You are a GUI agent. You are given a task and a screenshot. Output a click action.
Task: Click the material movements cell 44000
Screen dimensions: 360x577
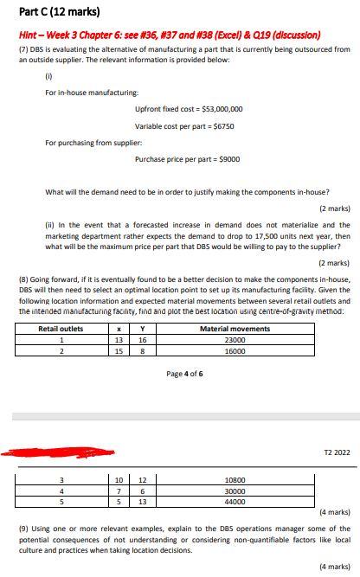pyautogui.click(x=235, y=501)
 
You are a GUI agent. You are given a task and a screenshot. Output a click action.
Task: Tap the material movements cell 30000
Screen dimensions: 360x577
pyautogui.click(x=235, y=490)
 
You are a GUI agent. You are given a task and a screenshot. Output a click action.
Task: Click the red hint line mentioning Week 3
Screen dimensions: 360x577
pyautogui.click(x=168, y=35)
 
